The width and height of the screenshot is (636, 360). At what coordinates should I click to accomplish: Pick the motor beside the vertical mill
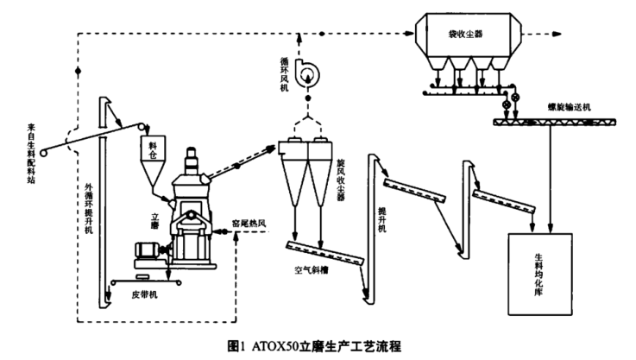coord(143,254)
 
